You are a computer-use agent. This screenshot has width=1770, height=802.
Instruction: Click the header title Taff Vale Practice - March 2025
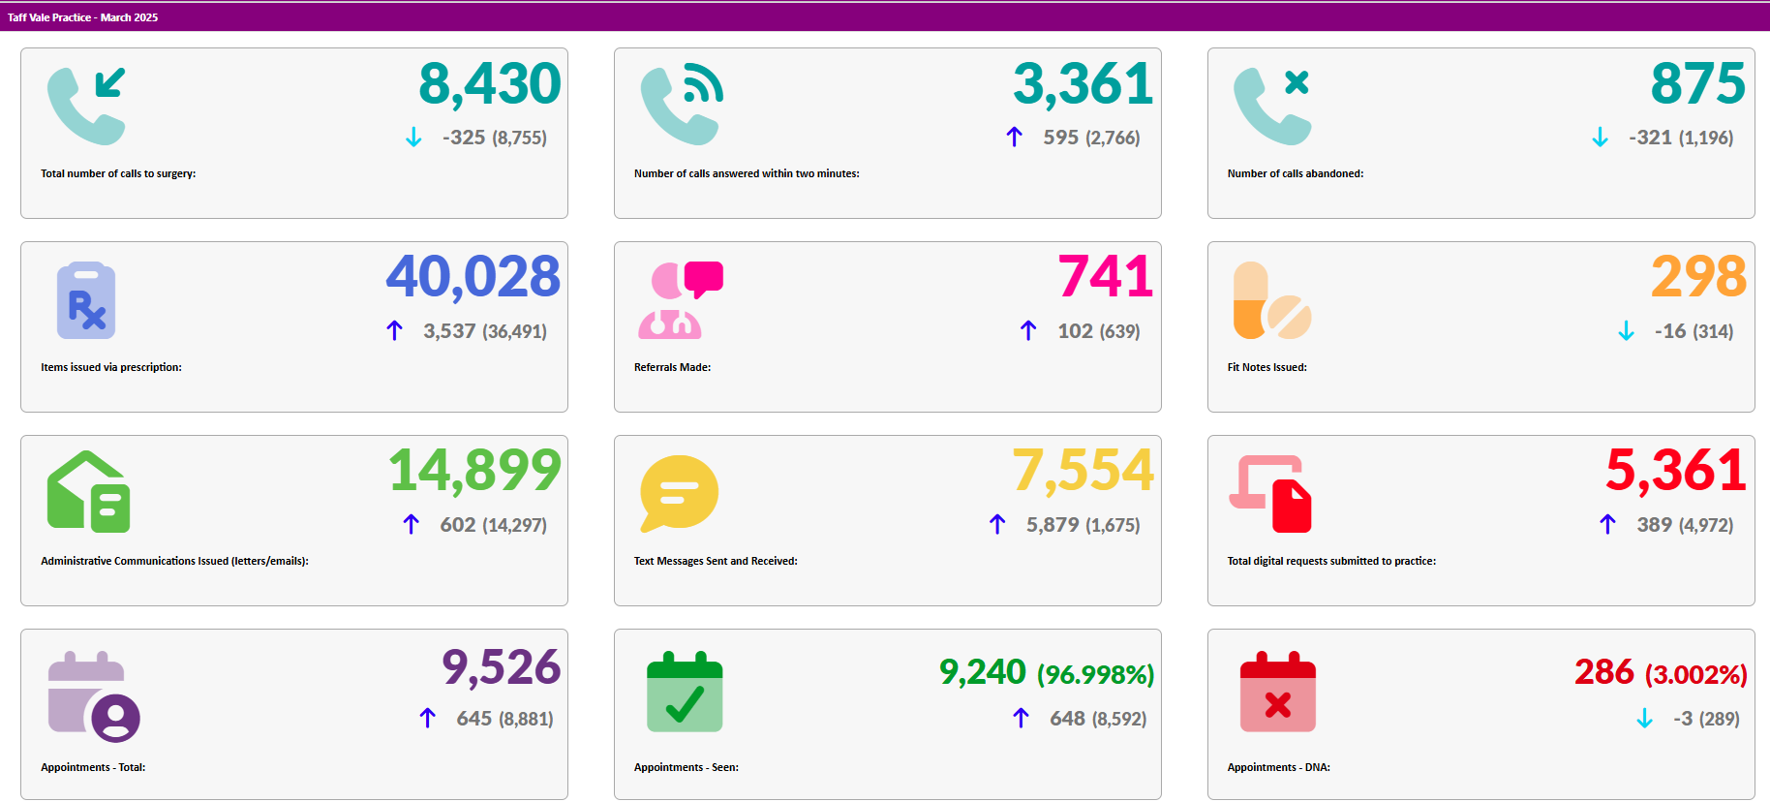82,17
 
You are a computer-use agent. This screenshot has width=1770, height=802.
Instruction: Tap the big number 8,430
489,84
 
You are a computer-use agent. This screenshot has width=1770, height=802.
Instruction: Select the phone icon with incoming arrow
87,106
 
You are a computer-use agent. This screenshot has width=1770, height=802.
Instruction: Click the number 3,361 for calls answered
1083,84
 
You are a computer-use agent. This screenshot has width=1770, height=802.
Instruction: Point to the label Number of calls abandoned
1295,174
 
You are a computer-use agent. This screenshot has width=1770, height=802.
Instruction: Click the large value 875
1697,84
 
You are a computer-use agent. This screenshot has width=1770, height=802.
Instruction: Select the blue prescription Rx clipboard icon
86,300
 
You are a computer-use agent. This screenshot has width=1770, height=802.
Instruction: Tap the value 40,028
473,277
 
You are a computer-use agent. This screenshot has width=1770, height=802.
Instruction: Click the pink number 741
1105,277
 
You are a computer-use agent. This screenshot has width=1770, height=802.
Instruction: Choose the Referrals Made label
672,368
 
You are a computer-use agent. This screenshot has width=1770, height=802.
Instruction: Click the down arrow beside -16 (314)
1626,331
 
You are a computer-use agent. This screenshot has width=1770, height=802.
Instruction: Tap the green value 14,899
474,471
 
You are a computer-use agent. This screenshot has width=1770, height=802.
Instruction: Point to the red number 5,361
1676,471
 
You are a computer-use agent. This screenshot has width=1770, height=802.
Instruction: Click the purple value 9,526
501,667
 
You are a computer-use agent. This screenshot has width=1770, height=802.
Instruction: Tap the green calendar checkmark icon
685,692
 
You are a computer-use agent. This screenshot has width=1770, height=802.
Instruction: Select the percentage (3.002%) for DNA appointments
1695,674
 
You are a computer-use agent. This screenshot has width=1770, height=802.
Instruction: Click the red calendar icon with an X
1277,692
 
